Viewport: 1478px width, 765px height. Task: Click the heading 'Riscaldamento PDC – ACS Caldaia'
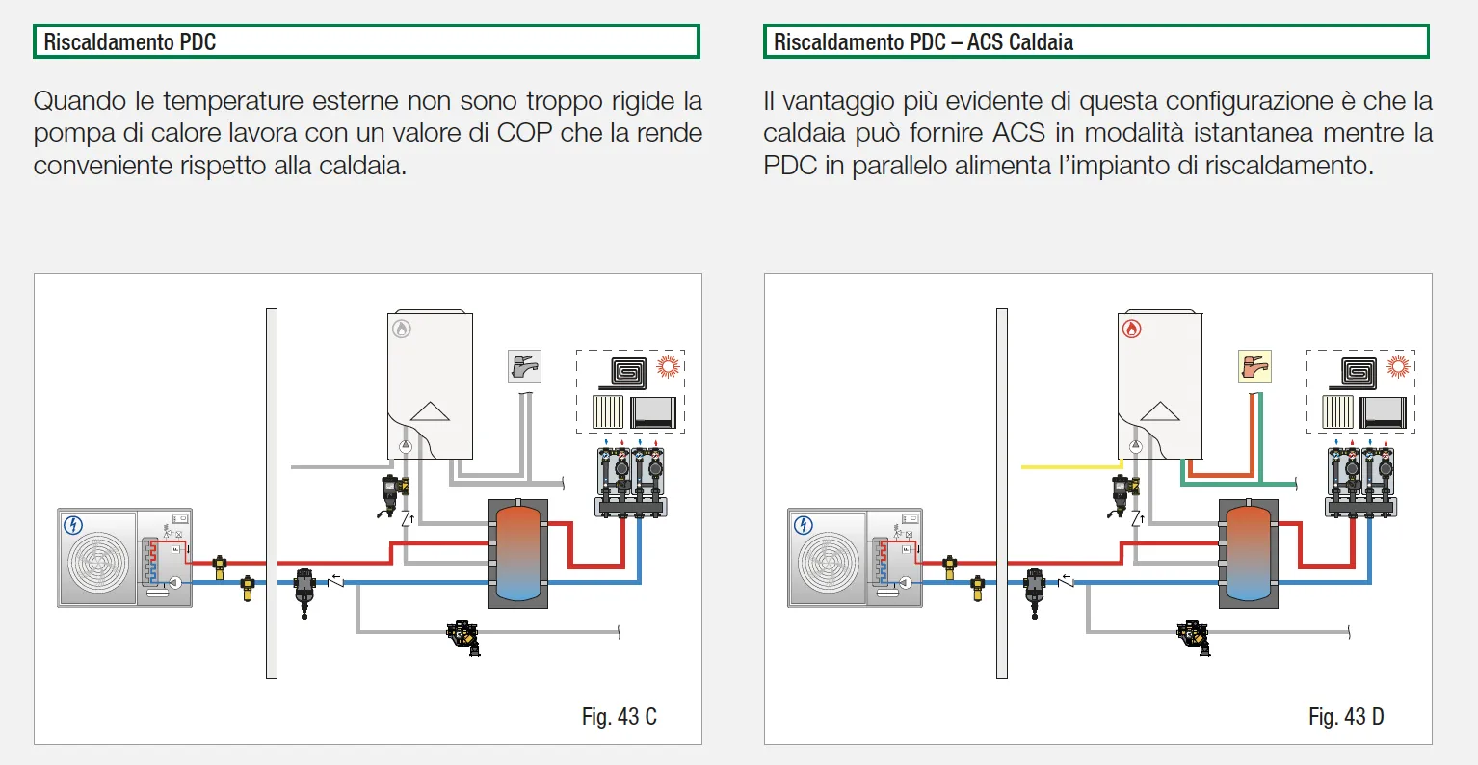point(923,42)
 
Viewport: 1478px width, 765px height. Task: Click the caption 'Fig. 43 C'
point(619,717)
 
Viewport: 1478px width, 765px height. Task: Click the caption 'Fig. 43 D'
point(1346,717)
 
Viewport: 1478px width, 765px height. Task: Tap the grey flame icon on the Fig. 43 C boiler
point(402,330)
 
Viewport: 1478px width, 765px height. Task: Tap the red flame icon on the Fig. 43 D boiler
point(1132,330)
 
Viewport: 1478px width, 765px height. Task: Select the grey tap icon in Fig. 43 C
point(524,367)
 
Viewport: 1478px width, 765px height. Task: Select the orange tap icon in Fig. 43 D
point(1254,367)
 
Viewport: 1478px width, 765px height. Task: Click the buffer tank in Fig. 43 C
point(518,553)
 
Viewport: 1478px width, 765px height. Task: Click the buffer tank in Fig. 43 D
point(1249,553)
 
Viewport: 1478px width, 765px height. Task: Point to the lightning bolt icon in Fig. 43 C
point(73,525)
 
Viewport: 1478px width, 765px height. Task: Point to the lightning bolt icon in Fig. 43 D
point(804,525)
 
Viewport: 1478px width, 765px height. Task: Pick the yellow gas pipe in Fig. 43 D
point(1069,467)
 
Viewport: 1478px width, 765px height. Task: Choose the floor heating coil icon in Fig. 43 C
point(629,372)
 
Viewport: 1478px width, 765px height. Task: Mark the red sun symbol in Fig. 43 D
point(1398,366)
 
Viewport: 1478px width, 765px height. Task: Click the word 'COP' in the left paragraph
point(525,133)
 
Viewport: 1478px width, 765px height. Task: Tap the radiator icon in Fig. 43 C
point(608,412)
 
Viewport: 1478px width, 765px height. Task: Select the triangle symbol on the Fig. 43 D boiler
point(1160,411)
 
